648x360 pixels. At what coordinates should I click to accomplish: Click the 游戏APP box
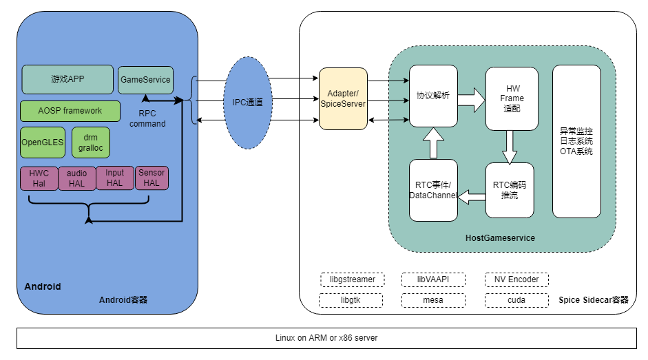tap(67, 79)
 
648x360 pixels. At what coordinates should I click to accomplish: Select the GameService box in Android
tap(145, 80)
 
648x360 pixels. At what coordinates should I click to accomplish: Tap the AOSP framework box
tap(70, 111)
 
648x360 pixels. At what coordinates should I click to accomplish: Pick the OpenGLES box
tap(43, 142)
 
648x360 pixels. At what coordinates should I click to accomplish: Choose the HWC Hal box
tap(39, 178)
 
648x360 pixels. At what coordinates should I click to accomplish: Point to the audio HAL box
tap(77, 178)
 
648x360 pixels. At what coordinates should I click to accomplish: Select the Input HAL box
tap(115, 178)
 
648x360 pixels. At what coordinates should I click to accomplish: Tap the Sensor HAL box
tap(151, 178)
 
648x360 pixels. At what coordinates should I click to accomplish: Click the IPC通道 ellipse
tap(247, 103)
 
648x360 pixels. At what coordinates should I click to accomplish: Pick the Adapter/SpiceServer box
tap(343, 98)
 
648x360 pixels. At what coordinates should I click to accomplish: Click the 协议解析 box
tap(433, 96)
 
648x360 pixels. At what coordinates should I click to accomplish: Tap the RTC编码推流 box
tap(510, 191)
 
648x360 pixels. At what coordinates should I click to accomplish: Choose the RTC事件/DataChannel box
tap(433, 191)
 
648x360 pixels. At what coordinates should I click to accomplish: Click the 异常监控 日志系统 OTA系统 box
tap(576, 141)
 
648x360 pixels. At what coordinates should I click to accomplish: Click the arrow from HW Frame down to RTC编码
tap(510, 147)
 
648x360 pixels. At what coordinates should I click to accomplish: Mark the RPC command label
tap(147, 118)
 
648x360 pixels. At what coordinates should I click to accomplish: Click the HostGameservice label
tap(500, 238)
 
